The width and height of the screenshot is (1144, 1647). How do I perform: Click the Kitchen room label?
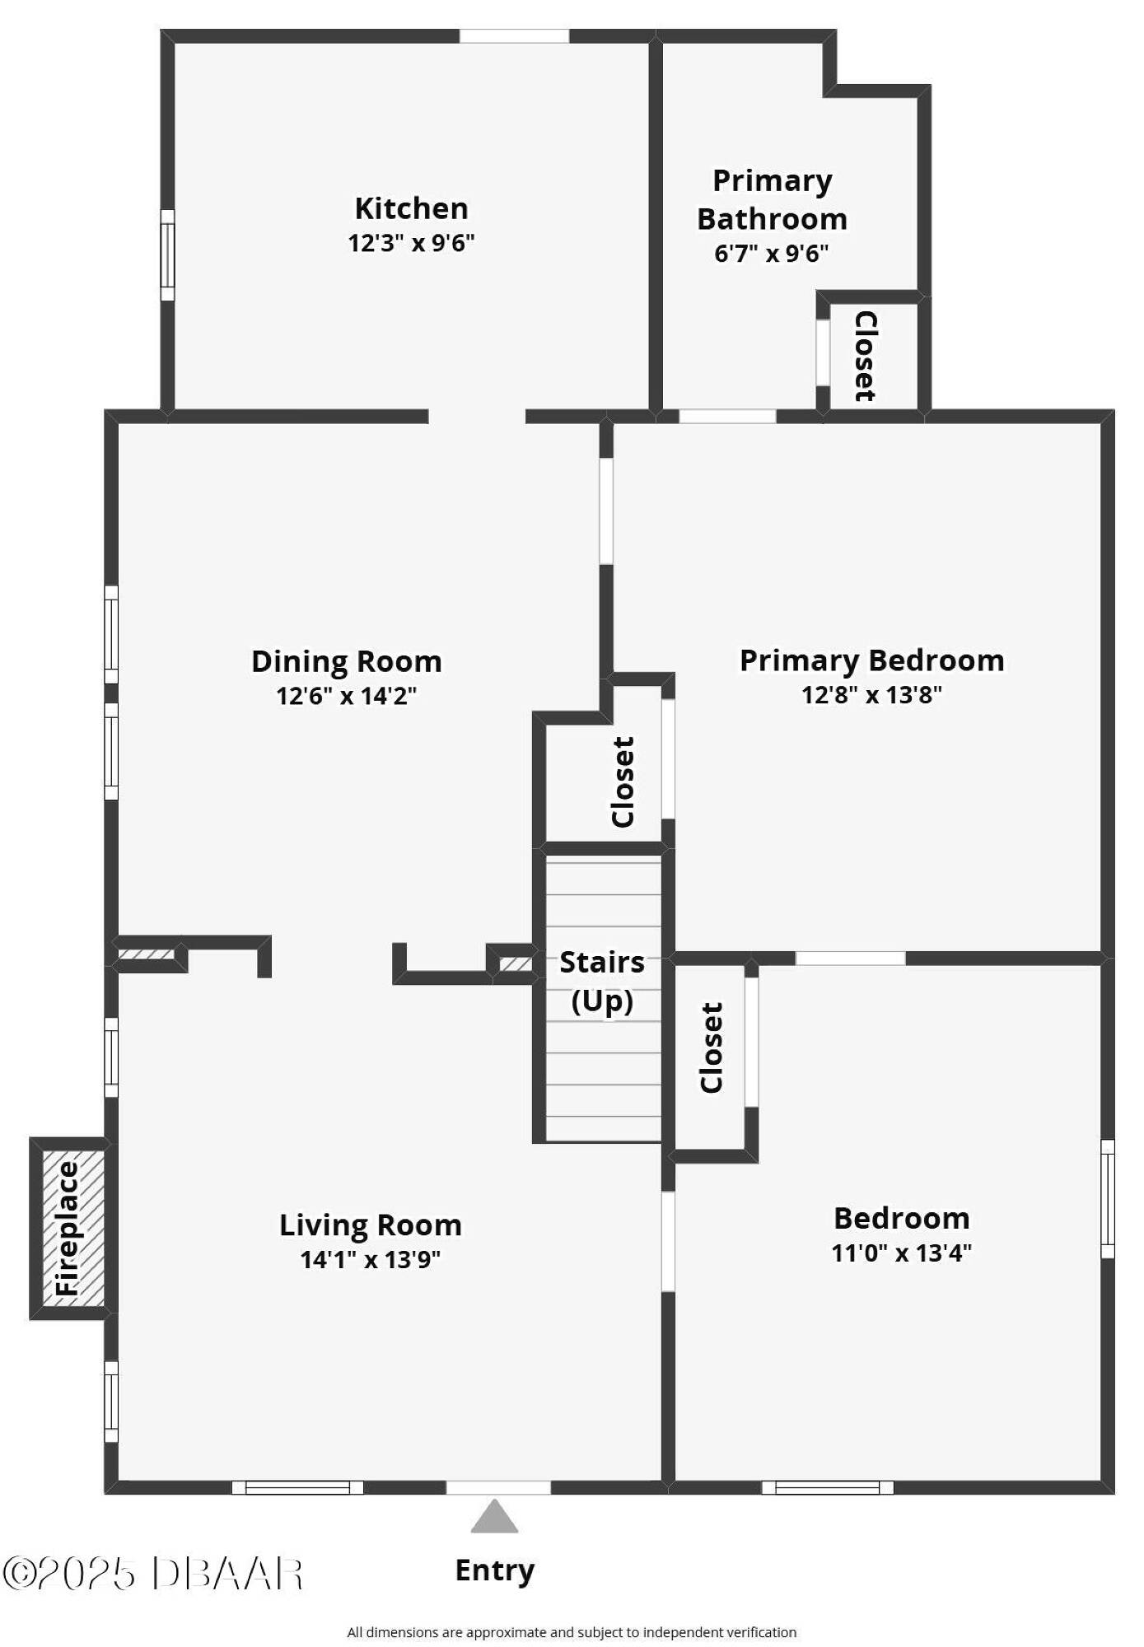(411, 208)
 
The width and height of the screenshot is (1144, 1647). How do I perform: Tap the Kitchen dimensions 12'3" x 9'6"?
(411, 243)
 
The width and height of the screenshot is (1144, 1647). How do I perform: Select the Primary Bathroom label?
(772, 199)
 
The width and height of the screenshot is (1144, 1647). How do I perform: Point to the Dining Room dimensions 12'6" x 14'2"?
(346, 696)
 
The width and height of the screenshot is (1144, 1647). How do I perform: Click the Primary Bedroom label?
(871, 660)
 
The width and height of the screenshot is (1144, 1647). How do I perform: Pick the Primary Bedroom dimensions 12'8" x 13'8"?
(871, 695)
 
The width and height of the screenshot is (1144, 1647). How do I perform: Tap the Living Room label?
(370, 1225)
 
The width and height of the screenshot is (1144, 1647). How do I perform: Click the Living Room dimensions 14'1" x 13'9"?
(370, 1259)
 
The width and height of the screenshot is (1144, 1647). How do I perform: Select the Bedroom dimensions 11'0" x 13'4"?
(901, 1253)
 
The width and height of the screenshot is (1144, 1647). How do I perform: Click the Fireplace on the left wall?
(69, 1229)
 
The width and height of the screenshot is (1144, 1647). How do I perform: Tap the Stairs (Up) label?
(602, 982)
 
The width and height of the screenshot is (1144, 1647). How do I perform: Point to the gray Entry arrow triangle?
(494, 1516)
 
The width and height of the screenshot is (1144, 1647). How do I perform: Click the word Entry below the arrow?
(494, 1570)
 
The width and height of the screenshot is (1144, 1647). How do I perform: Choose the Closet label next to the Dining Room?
(623, 782)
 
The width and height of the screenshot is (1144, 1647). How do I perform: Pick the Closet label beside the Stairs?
(711, 1047)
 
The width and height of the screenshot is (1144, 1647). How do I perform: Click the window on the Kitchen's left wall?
(167, 254)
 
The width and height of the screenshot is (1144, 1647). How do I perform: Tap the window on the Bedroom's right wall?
(1108, 1199)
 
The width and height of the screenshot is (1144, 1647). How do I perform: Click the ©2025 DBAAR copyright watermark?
(153, 1572)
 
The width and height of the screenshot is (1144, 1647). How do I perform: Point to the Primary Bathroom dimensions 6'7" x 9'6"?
(771, 253)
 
